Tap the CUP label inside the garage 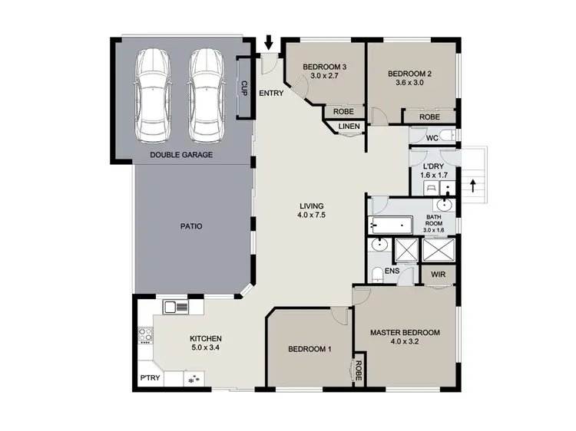[x=244, y=88]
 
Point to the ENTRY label [x=271, y=94]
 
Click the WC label [x=432, y=138]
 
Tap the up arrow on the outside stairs [x=472, y=185]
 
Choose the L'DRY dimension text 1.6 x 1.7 [x=433, y=175]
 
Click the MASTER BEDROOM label [x=405, y=333]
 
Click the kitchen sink [x=175, y=308]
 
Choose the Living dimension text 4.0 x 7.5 [x=312, y=216]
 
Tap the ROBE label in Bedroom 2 [x=430, y=117]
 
